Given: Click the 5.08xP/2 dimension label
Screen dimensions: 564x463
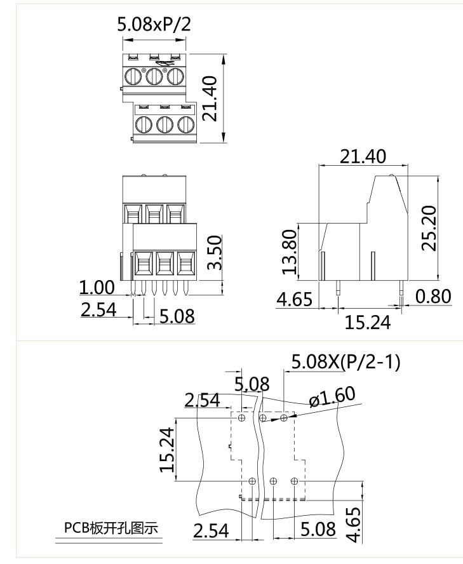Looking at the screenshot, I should tap(154, 25).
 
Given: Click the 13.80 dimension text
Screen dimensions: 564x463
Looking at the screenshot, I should tap(290, 252).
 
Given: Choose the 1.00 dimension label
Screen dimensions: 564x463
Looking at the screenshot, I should tap(97, 288).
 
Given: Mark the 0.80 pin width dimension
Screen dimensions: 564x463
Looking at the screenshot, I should tap(433, 296).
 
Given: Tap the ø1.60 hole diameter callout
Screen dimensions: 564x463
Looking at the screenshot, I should tap(332, 398).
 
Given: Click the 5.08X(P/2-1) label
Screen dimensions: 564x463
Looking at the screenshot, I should tap(345, 363).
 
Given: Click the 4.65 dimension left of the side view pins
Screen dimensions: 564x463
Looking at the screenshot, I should tap(294, 299).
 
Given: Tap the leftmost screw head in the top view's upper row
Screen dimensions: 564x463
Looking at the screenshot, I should tap(134, 77).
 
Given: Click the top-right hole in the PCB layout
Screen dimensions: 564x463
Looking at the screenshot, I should tap(284, 417).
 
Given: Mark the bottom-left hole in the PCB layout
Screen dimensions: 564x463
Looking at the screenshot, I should tap(252, 481).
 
